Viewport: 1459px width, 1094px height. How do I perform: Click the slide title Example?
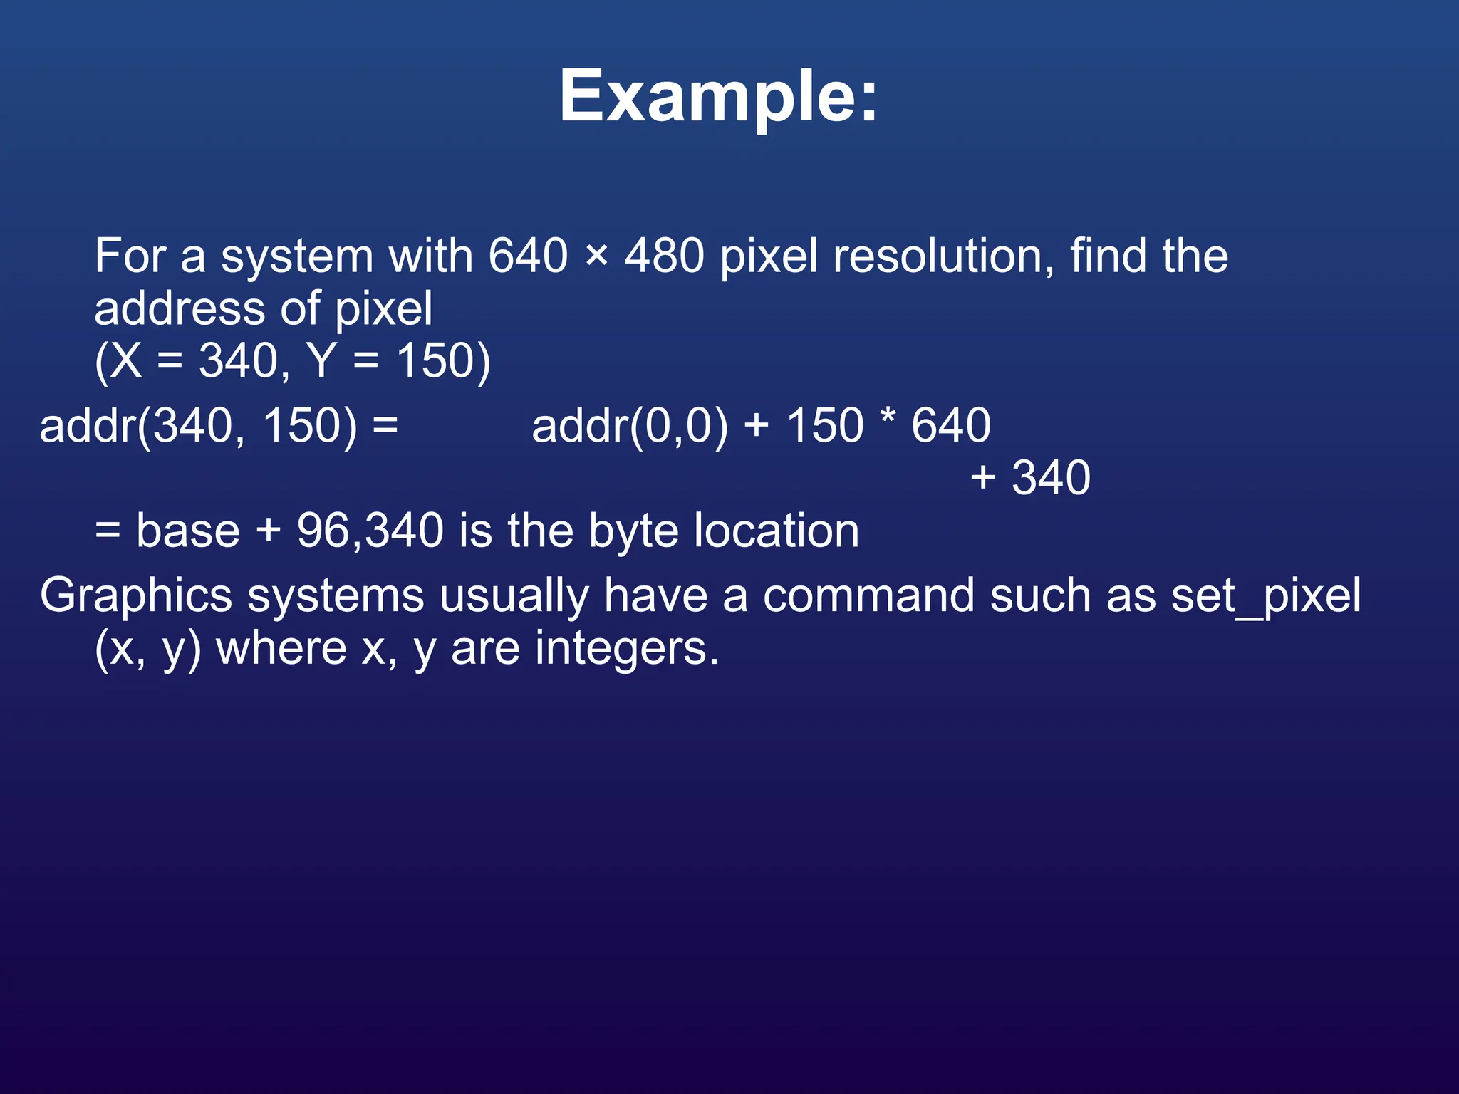pos(718,97)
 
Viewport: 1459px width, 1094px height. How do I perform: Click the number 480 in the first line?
pos(664,256)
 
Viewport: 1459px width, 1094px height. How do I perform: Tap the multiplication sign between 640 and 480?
pos(596,256)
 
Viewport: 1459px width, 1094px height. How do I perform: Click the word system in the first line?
pos(296,257)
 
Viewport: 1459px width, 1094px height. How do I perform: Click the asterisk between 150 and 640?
pos(887,419)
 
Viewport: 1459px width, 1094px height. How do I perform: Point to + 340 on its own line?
pos(1030,477)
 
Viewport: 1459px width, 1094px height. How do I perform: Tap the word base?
pos(188,531)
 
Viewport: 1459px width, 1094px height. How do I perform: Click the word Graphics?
pos(135,596)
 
